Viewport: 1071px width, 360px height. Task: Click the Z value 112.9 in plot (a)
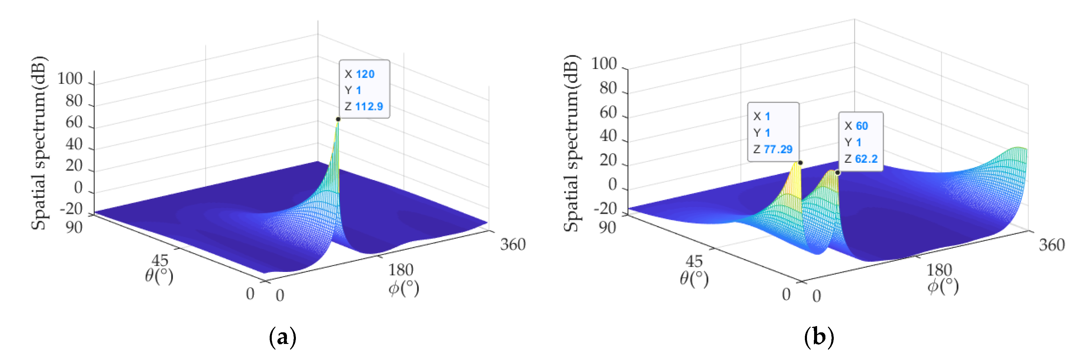coord(369,107)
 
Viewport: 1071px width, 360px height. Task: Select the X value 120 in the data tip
coord(365,74)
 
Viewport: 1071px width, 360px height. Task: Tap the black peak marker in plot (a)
coord(338,119)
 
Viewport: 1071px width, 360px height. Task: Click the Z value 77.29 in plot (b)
coord(778,149)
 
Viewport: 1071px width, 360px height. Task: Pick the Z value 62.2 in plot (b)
coord(866,159)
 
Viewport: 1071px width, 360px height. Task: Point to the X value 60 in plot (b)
coord(861,126)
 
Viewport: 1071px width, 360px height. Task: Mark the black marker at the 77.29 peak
coord(800,162)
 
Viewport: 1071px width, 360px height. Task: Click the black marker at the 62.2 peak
coord(837,173)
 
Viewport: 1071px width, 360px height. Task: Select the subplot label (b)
coord(819,337)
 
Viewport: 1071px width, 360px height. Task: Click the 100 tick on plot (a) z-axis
coord(70,79)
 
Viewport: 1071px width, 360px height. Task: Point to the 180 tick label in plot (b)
coord(939,270)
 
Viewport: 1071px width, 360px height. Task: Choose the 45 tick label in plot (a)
coord(160,261)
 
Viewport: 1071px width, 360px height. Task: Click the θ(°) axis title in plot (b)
coord(694,278)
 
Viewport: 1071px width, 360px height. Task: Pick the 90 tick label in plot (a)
coord(74,227)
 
